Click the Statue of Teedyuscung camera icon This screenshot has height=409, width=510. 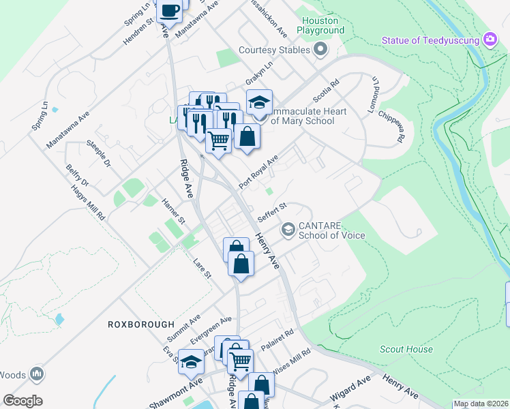pos(490,40)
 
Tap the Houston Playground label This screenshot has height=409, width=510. pos(320,26)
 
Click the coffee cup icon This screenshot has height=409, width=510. pos(169,10)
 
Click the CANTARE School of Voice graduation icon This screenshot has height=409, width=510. pos(288,229)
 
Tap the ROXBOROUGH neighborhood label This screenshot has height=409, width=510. pos(140,324)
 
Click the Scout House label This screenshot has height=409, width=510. pos(406,350)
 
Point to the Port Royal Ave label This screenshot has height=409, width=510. pos(259,172)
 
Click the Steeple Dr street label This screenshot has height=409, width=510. pos(98,153)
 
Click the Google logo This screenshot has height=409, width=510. pos(22,401)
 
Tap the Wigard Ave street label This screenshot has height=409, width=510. pos(350,387)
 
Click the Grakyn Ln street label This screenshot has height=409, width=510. pos(260,70)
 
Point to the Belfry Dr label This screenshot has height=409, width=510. pos(77,175)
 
